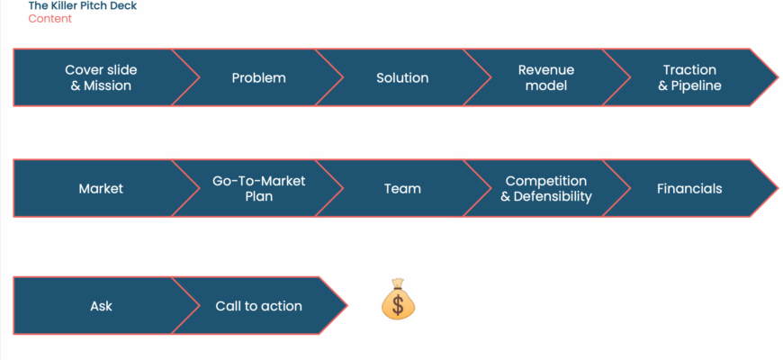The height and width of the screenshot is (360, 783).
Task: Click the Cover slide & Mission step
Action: click(101, 78)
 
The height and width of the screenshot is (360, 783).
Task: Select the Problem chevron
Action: click(258, 78)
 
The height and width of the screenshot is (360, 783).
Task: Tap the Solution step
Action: click(402, 78)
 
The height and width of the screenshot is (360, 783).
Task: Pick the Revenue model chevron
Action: click(545, 78)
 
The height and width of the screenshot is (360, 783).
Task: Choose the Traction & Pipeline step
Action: click(689, 78)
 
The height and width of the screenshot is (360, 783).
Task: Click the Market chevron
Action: click(101, 189)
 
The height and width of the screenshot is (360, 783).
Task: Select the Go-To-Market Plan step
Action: click(258, 189)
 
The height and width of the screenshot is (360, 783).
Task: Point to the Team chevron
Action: click(402, 189)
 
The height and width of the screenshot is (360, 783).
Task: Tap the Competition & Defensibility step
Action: click(545, 189)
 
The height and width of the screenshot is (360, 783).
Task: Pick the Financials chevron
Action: click(689, 189)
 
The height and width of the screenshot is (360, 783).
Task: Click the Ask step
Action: click(101, 306)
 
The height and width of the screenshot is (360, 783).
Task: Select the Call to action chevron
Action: click(258, 306)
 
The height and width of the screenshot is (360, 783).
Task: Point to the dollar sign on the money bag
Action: click(398, 305)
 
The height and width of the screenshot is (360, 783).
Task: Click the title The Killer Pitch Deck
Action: click(83, 5)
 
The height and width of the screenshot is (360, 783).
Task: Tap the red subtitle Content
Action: click(50, 19)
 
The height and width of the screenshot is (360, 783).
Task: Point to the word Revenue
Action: click(545, 70)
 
